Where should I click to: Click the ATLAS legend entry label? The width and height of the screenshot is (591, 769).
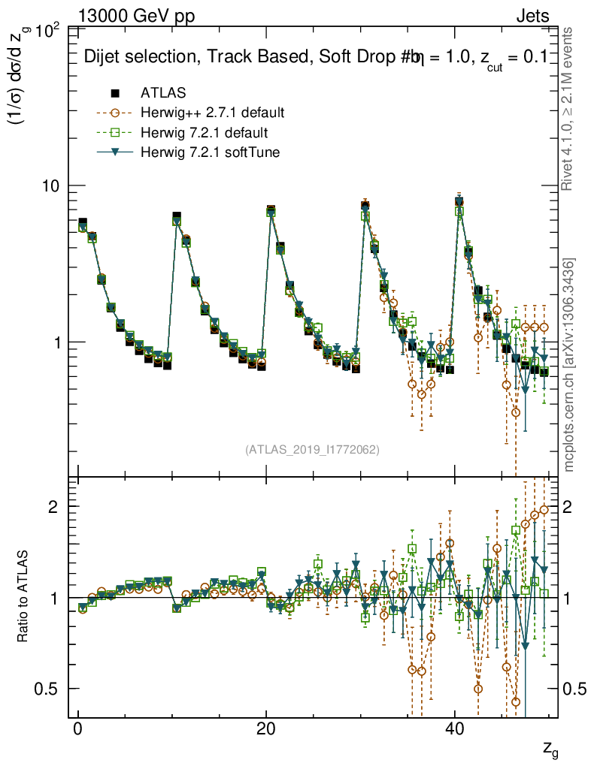pyautogui.click(x=163, y=93)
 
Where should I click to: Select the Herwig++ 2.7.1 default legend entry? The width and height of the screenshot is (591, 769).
pyautogui.click(x=212, y=113)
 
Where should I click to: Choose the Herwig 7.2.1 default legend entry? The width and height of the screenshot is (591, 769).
pyautogui.click(x=205, y=133)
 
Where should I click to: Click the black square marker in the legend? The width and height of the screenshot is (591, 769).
pyautogui.click(x=115, y=93)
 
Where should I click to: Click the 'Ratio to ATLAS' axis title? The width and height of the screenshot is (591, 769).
pyautogui.click(x=23, y=597)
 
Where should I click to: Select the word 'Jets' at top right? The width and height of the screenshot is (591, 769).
pyautogui.click(x=532, y=17)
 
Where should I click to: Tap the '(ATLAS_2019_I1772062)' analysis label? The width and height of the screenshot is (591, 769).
pyautogui.click(x=312, y=450)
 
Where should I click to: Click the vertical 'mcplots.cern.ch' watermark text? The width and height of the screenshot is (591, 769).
pyautogui.click(x=570, y=365)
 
